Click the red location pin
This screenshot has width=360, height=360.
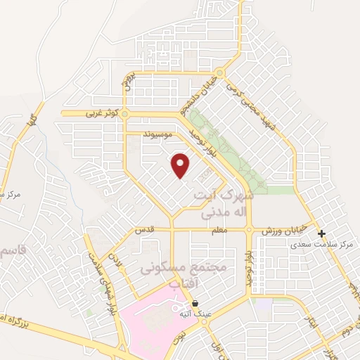click(x=181, y=165)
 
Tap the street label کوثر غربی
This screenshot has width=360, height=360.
click(x=98, y=112)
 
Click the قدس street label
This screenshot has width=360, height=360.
click(x=143, y=230)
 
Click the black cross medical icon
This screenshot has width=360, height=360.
click(x=322, y=233)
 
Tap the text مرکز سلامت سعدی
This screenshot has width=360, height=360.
click(x=323, y=245)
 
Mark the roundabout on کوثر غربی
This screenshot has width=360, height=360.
click(x=125, y=112)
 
